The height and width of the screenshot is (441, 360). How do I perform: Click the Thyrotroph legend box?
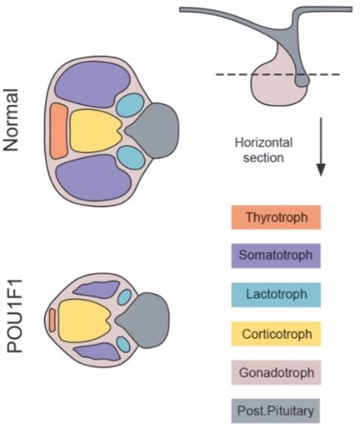point(275,218)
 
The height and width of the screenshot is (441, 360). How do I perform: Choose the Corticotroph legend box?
point(275,334)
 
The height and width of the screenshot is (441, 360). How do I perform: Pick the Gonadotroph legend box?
point(275,373)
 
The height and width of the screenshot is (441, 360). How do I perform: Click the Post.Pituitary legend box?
point(275,412)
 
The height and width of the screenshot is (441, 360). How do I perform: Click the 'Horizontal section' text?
point(263,150)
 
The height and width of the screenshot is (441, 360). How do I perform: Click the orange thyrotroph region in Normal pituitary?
point(59,131)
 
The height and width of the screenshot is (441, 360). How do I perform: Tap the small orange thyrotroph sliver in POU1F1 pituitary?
point(52,320)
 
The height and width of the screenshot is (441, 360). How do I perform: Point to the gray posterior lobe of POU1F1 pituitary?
point(149,319)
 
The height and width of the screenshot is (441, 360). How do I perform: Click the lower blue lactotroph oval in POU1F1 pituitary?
point(123,345)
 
